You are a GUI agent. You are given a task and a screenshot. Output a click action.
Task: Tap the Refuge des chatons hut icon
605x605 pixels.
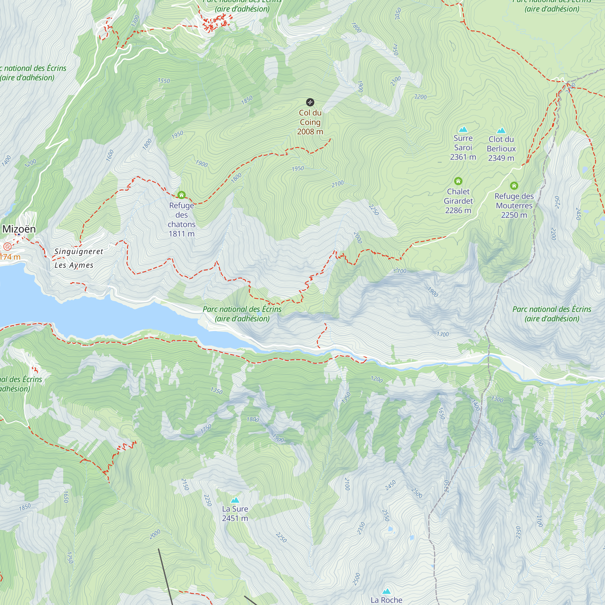tap(181, 195)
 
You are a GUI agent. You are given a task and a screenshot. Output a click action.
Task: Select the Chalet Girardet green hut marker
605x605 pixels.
tap(458, 181)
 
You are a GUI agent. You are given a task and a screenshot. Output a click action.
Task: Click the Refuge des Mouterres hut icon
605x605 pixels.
tap(514, 186)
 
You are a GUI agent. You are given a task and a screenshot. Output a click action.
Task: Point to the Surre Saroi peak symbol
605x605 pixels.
tap(463, 129)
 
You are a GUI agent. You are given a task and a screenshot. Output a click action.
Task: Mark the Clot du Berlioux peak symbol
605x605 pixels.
tap(501, 130)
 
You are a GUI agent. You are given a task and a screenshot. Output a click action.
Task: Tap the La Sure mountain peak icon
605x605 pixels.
tap(235, 500)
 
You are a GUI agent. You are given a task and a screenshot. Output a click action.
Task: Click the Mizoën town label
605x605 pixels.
tap(19, 229)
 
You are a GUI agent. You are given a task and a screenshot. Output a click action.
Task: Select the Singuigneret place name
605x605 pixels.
tap(79, 251)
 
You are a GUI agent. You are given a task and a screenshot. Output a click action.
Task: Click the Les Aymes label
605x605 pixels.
tap(74, 265)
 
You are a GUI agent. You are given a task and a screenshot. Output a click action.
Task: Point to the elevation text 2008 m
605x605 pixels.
tap(310, 132)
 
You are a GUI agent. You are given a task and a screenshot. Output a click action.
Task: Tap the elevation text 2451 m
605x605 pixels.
tap(235, 518)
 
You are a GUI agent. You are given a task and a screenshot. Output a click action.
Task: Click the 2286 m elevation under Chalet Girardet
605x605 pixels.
tap(458, 211)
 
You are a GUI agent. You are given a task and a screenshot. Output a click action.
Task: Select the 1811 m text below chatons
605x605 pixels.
tap(181, 234)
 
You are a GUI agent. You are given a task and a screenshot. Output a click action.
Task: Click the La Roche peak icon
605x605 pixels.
tap(386, 591)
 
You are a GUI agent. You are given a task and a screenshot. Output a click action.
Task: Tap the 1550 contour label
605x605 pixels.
tap(164, 81)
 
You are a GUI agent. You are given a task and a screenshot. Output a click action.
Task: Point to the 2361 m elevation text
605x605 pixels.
tap(463, 157)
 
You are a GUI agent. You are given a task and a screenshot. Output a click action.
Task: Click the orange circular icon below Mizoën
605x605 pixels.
tap(7, 247)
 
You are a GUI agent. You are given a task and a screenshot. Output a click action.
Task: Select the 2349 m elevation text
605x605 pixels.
tap(501, 158)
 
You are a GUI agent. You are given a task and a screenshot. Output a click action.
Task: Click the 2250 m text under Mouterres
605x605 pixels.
tap(514, 215)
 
